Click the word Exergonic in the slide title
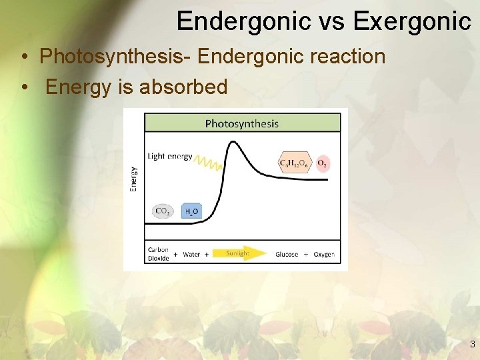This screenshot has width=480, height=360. tap(412, 21)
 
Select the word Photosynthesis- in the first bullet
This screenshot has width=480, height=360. tap(115, 56)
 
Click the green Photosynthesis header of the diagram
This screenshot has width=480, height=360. tap(241, 123)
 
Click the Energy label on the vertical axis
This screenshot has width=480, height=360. tap(133, 179)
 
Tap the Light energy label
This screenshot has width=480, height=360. tap(170, 157)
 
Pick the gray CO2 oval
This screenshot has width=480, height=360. tap(162, 211)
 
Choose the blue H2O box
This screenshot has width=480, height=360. tap(191, 211)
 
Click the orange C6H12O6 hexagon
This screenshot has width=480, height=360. tap(294, 163)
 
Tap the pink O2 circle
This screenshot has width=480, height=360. tap(322, 163)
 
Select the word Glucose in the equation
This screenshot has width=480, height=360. tap(287, 254)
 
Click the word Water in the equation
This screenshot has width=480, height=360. tap(191, 254)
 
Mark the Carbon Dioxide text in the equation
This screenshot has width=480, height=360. tap(159, 254)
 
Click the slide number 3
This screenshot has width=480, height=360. tap(472, 345)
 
